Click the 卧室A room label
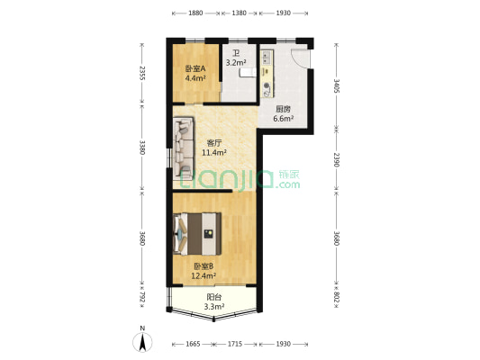coord(195,68)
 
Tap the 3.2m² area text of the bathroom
coord(235,63)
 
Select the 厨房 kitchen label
coord(283,108)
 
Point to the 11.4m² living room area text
coord(214,152)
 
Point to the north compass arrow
coord(142,342)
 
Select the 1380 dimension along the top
coord(240,13)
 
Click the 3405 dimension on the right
coord(337,87)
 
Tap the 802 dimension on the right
coord(337,298)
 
